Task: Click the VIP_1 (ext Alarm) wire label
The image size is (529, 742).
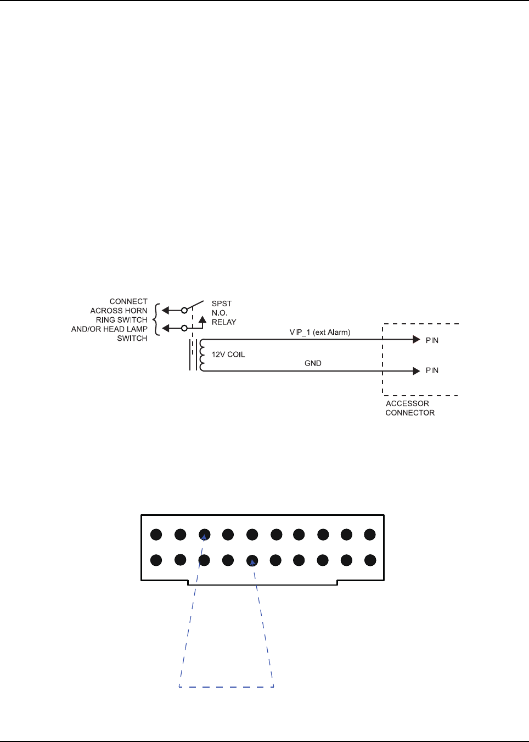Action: point(320,332)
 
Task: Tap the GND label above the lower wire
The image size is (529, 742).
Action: point(313,363)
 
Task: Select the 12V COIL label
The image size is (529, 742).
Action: point(228,355)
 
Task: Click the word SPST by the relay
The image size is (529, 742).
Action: point(222,303)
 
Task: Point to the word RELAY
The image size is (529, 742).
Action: point(224,322)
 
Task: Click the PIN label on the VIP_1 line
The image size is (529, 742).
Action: point(432,340)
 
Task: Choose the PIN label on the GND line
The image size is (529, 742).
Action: point(432,370)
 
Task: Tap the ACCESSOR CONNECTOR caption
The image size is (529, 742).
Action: point(409,408)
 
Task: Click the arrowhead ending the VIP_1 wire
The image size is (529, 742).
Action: point(417,340)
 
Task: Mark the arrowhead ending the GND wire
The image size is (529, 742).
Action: point(417,371)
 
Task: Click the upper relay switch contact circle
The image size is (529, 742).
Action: point(184,310)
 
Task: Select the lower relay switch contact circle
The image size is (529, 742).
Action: point(184,328)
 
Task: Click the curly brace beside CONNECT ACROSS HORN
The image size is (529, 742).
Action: point(157,319)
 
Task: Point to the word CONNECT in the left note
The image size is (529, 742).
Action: point(128,301)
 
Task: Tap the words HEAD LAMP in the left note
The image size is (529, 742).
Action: point(125,329)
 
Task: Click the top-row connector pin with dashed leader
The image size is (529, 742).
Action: point(205,535)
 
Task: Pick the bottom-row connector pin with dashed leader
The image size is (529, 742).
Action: point(252,561)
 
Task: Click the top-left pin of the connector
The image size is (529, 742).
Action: point(156,535)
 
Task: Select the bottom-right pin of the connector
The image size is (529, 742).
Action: point(370,560)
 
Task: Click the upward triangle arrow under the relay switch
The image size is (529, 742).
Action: point(202,319)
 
